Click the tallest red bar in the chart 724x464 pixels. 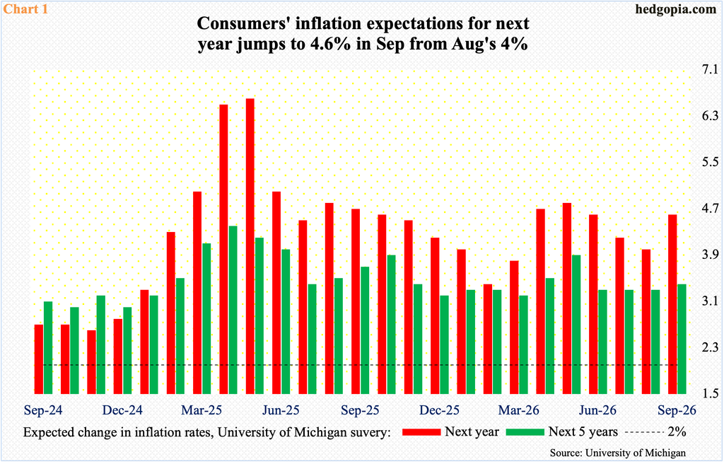point(250,246)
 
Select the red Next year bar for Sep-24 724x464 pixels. point(39,359)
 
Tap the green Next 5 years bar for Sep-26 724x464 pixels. point(682,339)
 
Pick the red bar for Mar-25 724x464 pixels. point(197,293)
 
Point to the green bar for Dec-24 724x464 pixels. point(127,350)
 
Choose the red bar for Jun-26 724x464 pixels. point(593,304)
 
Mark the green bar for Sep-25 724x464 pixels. point(365,330)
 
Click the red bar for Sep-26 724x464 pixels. point(673,304)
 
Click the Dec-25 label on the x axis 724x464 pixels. point(440,410)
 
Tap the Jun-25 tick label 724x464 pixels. point(281,410)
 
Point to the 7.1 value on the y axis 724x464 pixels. point(708,70)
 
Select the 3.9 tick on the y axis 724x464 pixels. point(708,255)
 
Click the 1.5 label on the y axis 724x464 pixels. point(708,393)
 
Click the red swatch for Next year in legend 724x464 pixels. point(421,431)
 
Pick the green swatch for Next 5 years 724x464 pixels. point(525,431)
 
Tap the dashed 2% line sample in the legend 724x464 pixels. point(643,431)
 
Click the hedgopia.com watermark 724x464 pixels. point(676,9)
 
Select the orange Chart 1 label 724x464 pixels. point(25,8)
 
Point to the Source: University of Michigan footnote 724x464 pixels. point(618,453)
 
